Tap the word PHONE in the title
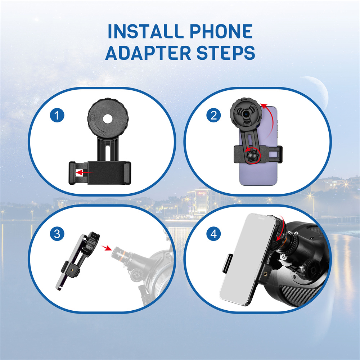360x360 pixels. tap(221, 31)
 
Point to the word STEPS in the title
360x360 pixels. tap(226, 53)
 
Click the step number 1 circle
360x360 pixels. tap(57, 115)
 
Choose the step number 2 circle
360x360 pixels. tap(213, 115)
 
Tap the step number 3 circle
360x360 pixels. tap(57, 234)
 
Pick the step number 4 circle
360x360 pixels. tap(213, 234)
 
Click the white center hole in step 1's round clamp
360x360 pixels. tap(108, 119)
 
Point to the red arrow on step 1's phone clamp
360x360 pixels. tap(84, 172)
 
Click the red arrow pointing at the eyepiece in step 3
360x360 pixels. tap(106, 248)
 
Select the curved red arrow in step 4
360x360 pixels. tap(281, 230)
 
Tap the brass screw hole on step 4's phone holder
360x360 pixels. tap(265, 274)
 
